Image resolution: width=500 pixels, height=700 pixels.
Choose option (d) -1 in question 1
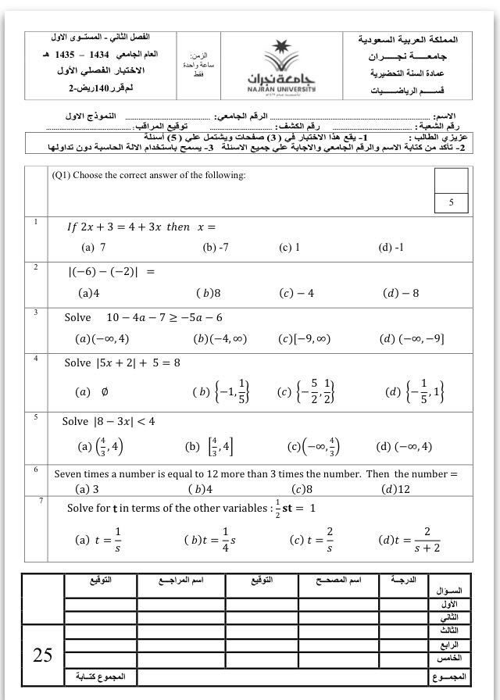click(391, 247)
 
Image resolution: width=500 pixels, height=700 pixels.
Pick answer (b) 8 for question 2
click(209, 293)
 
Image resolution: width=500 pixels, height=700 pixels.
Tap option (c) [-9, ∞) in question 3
click(304, 338)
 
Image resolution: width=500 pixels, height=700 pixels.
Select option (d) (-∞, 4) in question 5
click(404, 447)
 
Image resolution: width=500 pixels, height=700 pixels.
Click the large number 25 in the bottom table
click(42, 655)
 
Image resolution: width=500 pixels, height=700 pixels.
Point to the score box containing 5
click(451, 202)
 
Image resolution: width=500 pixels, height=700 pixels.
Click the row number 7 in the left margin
click(40, 499)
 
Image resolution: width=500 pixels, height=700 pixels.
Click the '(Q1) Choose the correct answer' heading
click(148, 175)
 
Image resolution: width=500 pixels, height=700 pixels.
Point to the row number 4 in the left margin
click(36, 358)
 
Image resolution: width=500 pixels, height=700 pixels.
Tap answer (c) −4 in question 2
click(296, 293)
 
